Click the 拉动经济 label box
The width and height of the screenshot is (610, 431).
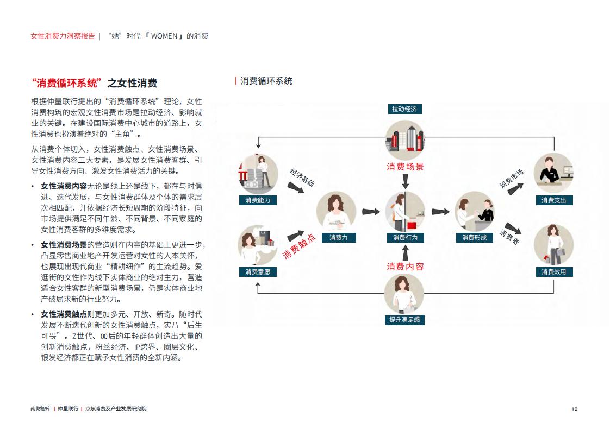(404, 109)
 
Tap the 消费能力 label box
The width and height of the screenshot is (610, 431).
(258, 200)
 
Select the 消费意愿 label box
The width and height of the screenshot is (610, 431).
(258, 272)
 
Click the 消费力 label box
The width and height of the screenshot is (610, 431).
(338, 238)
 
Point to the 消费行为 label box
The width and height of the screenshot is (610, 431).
(405, 238)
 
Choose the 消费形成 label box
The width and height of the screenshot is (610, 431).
(474, 238)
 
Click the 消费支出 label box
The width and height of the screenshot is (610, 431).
(554, 200)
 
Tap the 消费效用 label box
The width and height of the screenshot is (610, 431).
(554, 272)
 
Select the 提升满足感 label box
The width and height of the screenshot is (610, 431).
(404, 320)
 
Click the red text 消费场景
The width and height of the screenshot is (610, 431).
(405, 167)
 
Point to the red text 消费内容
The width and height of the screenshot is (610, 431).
(405, 267)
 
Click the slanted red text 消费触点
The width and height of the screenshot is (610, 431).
(299, 246)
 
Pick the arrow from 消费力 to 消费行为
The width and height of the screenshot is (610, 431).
(371, 212)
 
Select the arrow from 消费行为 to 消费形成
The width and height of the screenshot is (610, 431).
(440, 212)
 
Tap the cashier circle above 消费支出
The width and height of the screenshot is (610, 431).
(554, 173)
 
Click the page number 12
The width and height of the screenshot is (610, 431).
(575, 409)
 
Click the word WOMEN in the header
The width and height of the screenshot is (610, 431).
(164, 36)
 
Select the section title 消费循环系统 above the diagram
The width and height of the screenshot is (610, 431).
(266, 81)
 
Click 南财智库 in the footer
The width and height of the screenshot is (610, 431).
(40, 409)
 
